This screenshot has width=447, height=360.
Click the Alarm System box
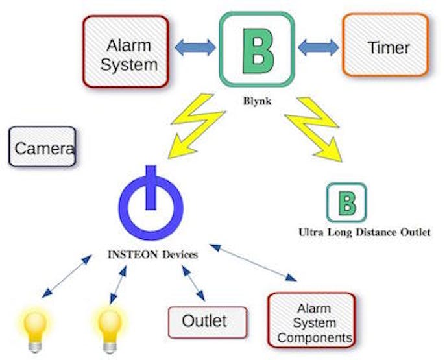click(126, 52)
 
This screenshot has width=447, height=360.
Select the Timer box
click(386, 45)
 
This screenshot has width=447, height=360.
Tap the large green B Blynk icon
click(257, 49)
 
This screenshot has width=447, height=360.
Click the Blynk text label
click(257, 101)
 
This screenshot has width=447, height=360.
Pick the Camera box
click(42, 147)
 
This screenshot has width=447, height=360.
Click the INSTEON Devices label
click(153, 254)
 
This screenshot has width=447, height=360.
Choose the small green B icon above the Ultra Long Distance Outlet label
click(346, 202)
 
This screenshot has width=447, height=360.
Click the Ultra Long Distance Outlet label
click(365, 232)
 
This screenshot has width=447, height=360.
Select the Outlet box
click(208, 322)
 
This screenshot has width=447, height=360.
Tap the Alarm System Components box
click(312, 320)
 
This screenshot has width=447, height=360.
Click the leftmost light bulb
click(35, 330)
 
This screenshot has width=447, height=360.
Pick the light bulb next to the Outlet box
click(110, 330)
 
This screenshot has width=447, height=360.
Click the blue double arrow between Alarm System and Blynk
click(195, 47)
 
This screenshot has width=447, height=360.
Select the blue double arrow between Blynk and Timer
click(319, 47)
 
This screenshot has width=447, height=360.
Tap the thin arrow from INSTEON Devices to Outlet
click(193, 283)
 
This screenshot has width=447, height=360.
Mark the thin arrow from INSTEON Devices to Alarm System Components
click(253, 263)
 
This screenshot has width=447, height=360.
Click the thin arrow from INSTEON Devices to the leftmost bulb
click(67, 276)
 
